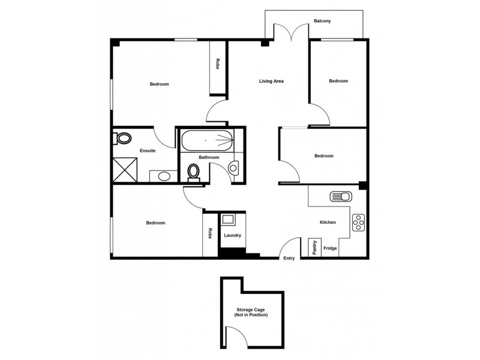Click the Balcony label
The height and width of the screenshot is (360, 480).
point(322,21)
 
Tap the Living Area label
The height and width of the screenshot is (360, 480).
point(271,81)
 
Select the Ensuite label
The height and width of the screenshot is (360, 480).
point(148,151)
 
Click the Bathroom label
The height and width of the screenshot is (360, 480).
point(209,157)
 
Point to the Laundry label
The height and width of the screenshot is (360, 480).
point(232,235)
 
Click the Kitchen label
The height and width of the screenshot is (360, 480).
point(328,223)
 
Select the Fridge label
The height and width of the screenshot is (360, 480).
point(330,248)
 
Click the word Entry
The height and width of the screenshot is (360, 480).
point(289,259)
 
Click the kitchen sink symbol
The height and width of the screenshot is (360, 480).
point(340,196)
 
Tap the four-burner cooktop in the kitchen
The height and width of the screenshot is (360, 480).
point(359,222)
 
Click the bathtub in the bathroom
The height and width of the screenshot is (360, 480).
point(206,140)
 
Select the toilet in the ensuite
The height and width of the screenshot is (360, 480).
point(122,139)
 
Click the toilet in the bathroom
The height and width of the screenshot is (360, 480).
point(194,172)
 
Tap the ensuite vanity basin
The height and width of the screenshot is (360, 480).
point(163,176)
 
